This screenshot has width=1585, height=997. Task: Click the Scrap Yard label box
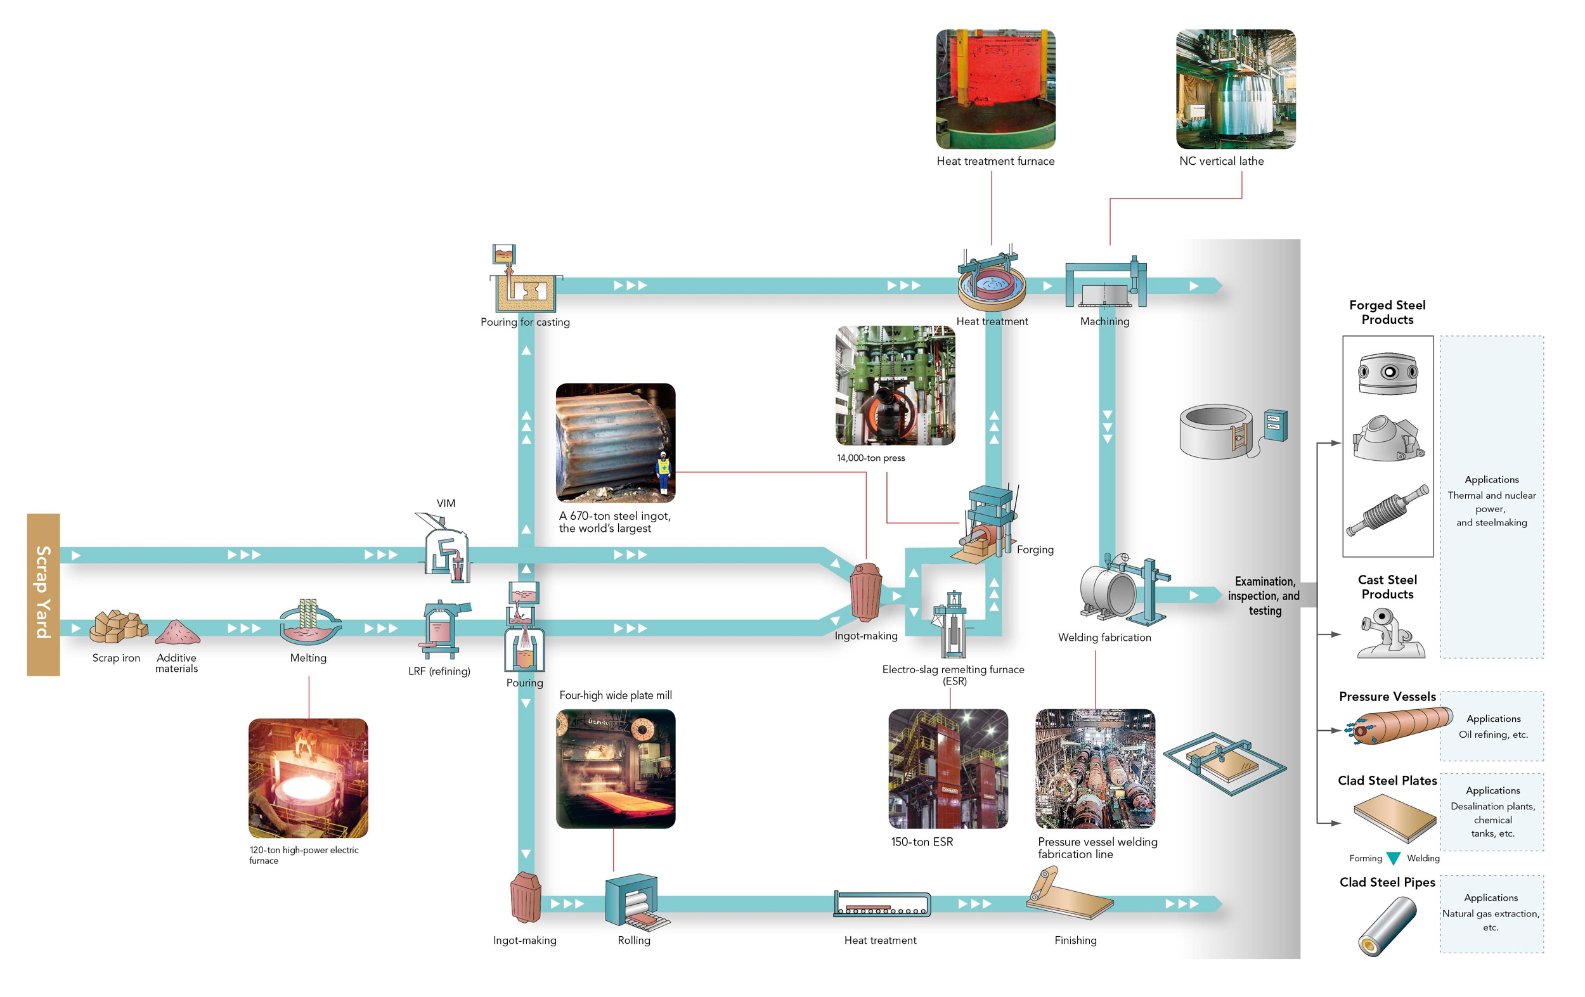point(44,595)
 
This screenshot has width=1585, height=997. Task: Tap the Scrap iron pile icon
point(118,626)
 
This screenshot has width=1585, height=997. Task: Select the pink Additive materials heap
point(177,632)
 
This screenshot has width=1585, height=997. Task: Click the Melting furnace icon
point(309,622)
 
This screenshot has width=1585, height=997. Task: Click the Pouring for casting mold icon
point(524,278)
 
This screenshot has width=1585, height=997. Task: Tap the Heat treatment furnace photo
point(995,89)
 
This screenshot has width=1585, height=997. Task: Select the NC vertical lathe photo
point(1236,89)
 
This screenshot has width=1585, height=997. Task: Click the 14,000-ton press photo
point(895,385)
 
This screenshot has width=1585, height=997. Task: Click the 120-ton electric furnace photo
point(308,778)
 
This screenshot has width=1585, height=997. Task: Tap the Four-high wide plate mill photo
point(616,769)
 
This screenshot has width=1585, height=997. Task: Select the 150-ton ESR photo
point(948,769)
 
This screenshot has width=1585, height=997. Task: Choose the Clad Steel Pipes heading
point(1388,882)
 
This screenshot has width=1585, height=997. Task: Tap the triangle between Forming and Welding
point(1394,858)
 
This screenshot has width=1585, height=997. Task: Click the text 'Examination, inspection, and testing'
point(1264,596)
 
